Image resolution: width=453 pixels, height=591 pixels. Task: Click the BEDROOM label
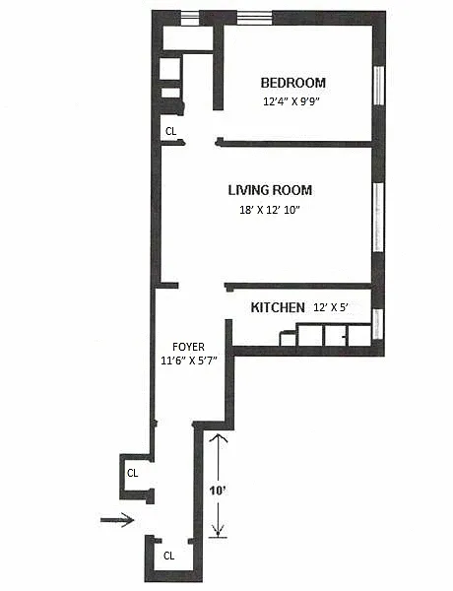pos(293,83)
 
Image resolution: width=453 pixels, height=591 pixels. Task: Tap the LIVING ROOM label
pos(270,190)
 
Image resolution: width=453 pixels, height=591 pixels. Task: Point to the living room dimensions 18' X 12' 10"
pos(270,210)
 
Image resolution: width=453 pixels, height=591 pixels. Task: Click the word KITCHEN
pos(278,307)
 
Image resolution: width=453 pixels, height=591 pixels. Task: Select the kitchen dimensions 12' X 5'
pos(330,307)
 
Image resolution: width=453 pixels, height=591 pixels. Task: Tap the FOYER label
pos(188,347)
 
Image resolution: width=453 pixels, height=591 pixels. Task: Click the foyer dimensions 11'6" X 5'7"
pos(188,361)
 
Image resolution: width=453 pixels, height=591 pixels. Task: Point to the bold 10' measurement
pos(218,491)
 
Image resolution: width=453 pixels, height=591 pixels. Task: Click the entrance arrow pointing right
pos(117,520)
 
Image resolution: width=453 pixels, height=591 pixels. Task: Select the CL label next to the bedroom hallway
pos(170,131)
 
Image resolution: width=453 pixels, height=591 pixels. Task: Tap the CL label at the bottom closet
pos(168,556)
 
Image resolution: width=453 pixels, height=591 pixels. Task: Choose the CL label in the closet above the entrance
pos(132,473)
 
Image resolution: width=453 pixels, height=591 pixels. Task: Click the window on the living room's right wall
pos(378,217)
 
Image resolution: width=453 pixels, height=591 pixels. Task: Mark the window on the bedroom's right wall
pos(378,85)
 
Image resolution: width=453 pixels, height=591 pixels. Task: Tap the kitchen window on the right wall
pos(378,324)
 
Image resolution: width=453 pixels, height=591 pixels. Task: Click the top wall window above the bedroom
pos(254,18)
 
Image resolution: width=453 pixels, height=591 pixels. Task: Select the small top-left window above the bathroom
pos(189,18)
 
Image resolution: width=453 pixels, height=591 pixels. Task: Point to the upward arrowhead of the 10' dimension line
pos(218,438)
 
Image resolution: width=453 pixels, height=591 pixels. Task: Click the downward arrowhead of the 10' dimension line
pos(218,531)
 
